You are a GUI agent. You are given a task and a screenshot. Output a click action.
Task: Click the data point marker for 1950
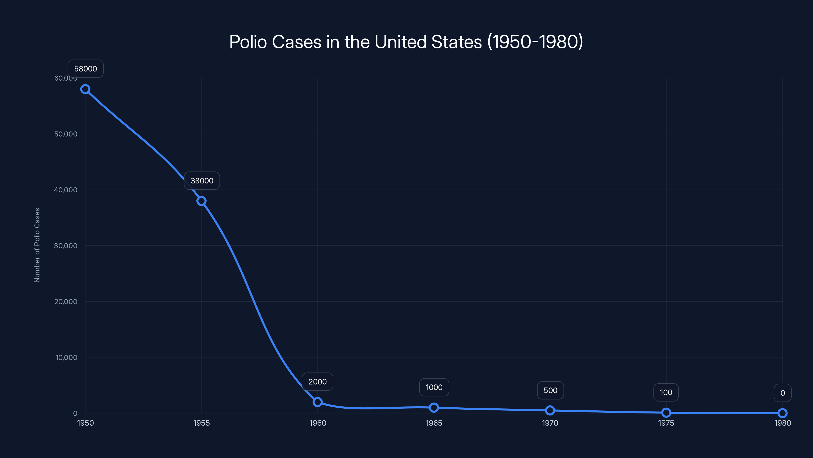85,89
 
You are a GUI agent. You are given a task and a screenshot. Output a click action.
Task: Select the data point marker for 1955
201,201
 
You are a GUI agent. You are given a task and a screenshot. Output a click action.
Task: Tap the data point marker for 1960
318,402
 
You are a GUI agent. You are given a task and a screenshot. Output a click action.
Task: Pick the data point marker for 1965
434,408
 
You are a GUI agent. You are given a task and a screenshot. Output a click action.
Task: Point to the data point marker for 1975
666,412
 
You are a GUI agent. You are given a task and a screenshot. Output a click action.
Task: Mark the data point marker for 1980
783,413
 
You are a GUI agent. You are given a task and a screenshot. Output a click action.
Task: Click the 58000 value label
86,69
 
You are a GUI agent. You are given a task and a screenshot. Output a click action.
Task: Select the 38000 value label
202,181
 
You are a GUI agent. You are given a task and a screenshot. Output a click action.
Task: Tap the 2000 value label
318,382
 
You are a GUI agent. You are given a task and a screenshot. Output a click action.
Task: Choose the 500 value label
550,390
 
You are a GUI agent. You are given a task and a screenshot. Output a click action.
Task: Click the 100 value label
666,393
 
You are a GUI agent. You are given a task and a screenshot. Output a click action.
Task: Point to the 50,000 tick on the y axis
66,134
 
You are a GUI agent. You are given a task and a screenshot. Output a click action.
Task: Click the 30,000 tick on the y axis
66,246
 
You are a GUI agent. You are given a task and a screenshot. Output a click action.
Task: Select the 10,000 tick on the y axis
66,357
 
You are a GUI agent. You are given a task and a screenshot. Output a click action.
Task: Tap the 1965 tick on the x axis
434,423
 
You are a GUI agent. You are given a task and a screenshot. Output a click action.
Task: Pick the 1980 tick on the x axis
783,423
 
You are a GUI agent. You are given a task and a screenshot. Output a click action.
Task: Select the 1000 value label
434,388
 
